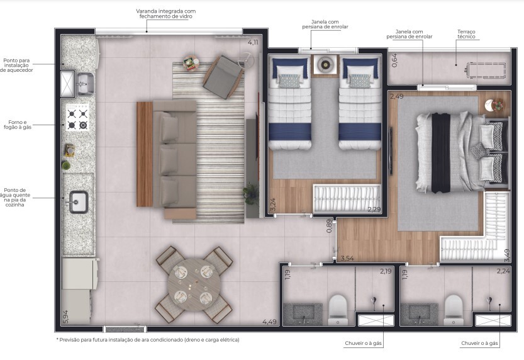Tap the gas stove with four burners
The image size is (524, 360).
77,119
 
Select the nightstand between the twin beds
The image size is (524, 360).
326,64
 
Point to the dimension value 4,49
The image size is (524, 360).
269,322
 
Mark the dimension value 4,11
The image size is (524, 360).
253,42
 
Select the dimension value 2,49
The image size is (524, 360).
396,96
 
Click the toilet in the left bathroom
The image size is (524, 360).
338,307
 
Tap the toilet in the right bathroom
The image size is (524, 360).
454,307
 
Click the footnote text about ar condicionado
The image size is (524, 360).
147,340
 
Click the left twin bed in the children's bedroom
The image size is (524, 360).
290,104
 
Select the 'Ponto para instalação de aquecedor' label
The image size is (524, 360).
17,65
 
